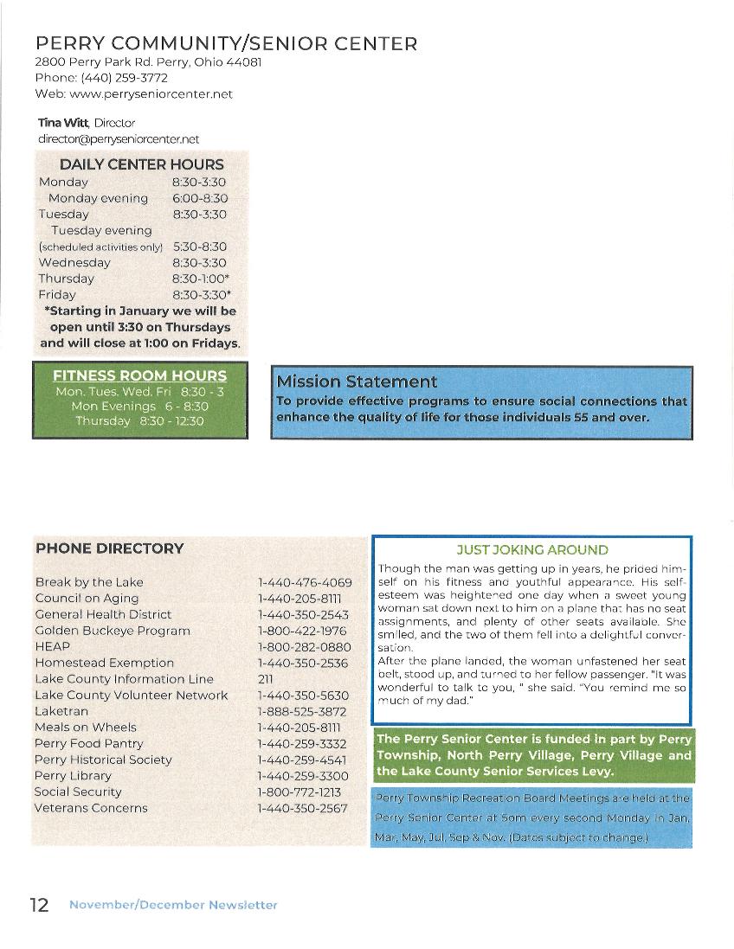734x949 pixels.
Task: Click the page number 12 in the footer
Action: point(38,904)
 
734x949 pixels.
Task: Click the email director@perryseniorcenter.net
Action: point(118,138)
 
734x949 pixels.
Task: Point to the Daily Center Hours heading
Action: point(141,164)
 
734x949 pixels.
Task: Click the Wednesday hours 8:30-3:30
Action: point(199,263)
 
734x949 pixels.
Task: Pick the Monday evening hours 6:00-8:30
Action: point(199,198)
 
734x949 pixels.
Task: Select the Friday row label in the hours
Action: point(57,295)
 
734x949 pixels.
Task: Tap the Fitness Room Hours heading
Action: point(139,375)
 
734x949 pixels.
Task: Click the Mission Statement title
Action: point(357,382)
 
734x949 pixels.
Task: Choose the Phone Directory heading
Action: point(109,548)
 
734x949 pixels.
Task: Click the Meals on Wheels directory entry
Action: point(86,728)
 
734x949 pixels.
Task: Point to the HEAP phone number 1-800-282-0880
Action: point(304,647)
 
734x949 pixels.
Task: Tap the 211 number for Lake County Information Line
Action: point(265,679)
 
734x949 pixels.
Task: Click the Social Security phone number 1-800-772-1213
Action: point(299,792)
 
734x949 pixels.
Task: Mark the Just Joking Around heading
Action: point(531,550)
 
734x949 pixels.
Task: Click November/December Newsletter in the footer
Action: point(173,905)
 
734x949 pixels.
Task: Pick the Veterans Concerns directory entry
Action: point(91,808)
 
